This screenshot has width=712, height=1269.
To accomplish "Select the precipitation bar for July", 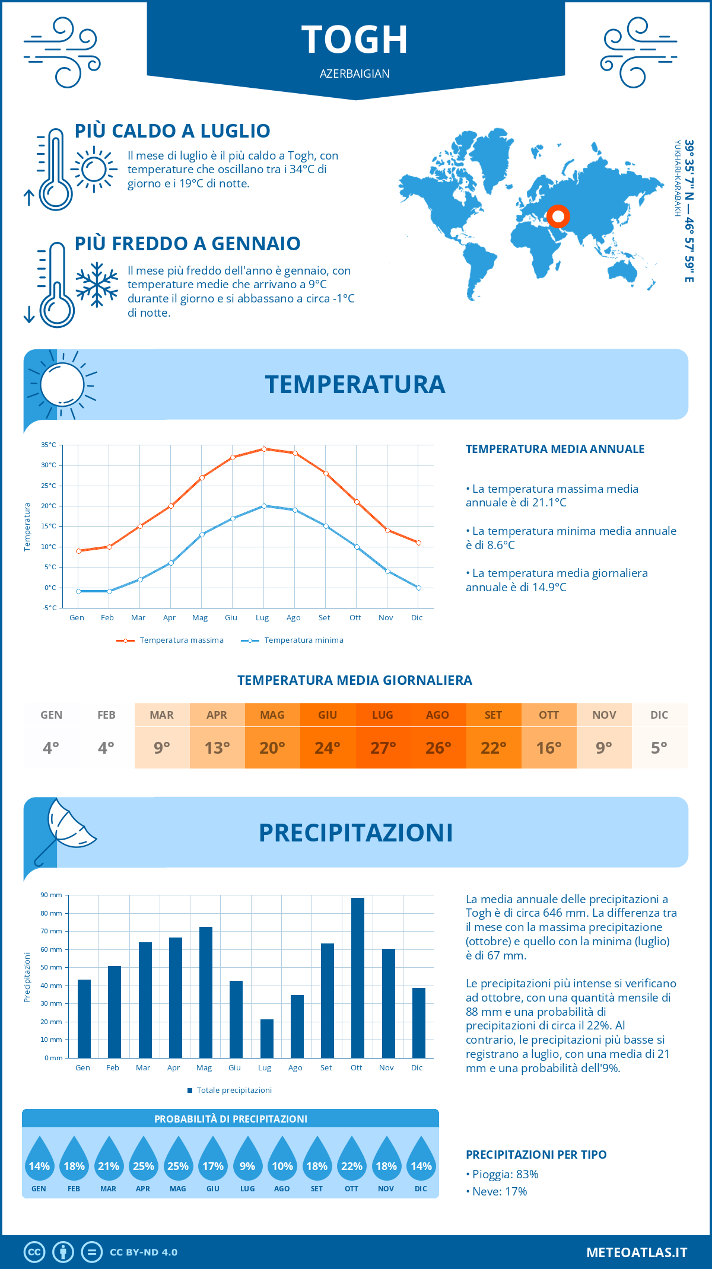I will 267,1038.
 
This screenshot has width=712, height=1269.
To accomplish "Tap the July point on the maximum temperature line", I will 264,449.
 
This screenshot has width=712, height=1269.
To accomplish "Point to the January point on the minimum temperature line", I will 78,591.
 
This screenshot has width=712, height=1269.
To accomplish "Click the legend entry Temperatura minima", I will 293,640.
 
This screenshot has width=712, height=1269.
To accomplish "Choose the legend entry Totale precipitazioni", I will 230,1090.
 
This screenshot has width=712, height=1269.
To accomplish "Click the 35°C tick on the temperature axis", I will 49,445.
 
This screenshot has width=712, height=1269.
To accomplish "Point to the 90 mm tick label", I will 52,895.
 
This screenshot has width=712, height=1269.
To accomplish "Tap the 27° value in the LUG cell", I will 383,748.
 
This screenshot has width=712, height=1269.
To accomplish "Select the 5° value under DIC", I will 659,748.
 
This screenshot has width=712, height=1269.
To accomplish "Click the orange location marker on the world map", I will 558,216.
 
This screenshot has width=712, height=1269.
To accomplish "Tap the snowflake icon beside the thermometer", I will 97,285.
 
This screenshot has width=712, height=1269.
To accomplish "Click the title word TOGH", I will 355,40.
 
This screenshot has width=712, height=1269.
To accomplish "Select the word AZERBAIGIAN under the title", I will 355,74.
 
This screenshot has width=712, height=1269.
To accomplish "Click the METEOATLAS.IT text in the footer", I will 637,1252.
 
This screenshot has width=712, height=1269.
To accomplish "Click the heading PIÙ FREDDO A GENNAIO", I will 187,244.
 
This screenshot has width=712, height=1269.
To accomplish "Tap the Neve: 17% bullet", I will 497,1191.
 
